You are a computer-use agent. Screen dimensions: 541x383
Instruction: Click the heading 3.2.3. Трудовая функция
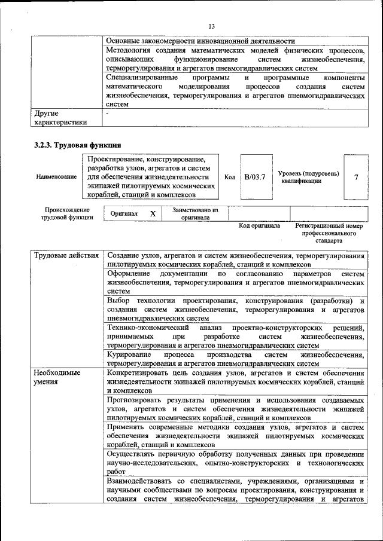pos(78,145)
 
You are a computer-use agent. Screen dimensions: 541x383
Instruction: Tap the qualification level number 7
pos(357,178)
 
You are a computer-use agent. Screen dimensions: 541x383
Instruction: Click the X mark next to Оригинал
pos(153,213)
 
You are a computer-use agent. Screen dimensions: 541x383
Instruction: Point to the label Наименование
pos(56,178)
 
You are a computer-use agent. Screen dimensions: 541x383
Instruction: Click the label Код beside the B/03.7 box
pos(229,178)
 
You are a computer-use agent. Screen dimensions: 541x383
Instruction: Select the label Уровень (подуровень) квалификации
pos(308,178)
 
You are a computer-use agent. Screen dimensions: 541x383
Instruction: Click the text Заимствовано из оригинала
pos(196,214)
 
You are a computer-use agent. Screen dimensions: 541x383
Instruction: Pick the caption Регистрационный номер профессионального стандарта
pos(330,234)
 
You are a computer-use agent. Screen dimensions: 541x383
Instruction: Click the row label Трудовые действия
pos(66,256)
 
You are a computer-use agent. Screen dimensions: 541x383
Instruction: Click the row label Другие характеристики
pos(60,117)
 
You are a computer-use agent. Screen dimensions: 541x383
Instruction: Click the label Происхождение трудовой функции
pos(66,214)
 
